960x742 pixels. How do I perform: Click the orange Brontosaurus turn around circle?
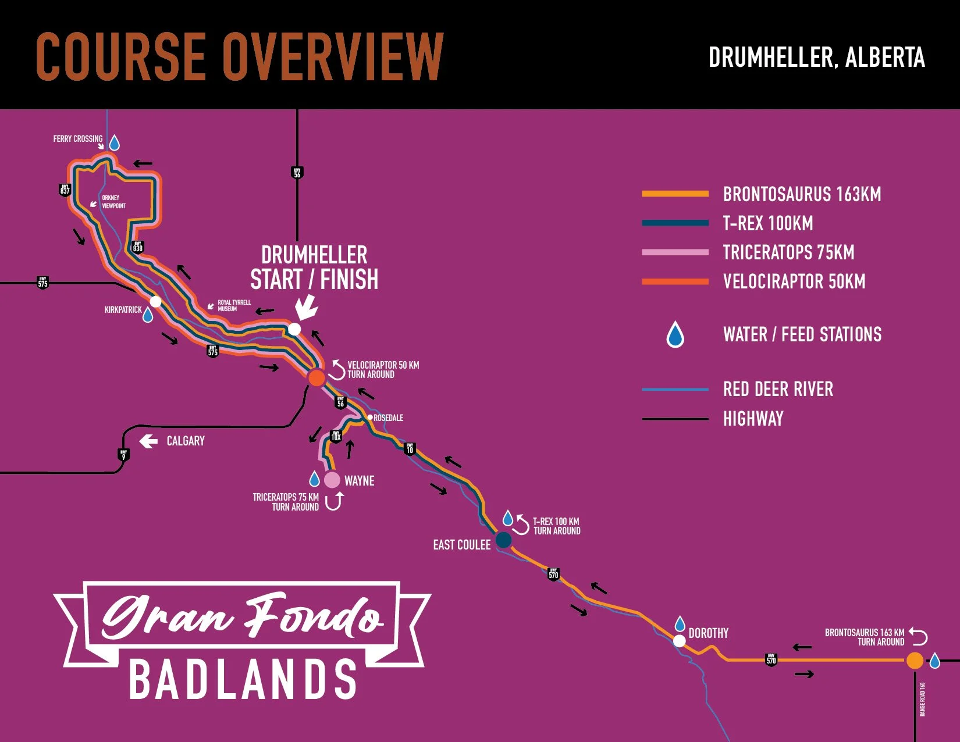[915, 661]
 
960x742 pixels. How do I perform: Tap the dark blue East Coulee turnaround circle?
[503, 540]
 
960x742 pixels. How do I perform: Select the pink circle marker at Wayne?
[332, 480]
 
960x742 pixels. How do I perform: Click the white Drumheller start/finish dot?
[294, 329]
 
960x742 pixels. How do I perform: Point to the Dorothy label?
[708, 633]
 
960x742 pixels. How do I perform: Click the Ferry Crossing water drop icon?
[115, 143]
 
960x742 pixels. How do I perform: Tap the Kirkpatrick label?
[123, 310]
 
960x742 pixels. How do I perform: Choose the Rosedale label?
[388, 418]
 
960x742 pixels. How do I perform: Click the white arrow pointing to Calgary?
[148, 441]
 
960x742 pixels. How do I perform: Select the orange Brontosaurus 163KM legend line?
[675, 194]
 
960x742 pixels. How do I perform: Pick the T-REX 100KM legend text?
[768, 223]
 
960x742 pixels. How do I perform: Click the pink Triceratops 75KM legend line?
[675, 252]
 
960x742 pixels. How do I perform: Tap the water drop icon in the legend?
[675, 334]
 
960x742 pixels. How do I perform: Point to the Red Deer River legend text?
[778, 389]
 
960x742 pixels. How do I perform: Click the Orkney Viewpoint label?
[113, 202]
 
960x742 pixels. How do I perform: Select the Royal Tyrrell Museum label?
[234, 306]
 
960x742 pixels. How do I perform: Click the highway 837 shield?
[65, 190]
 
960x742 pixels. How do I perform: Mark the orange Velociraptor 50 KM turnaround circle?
[317, 378]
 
